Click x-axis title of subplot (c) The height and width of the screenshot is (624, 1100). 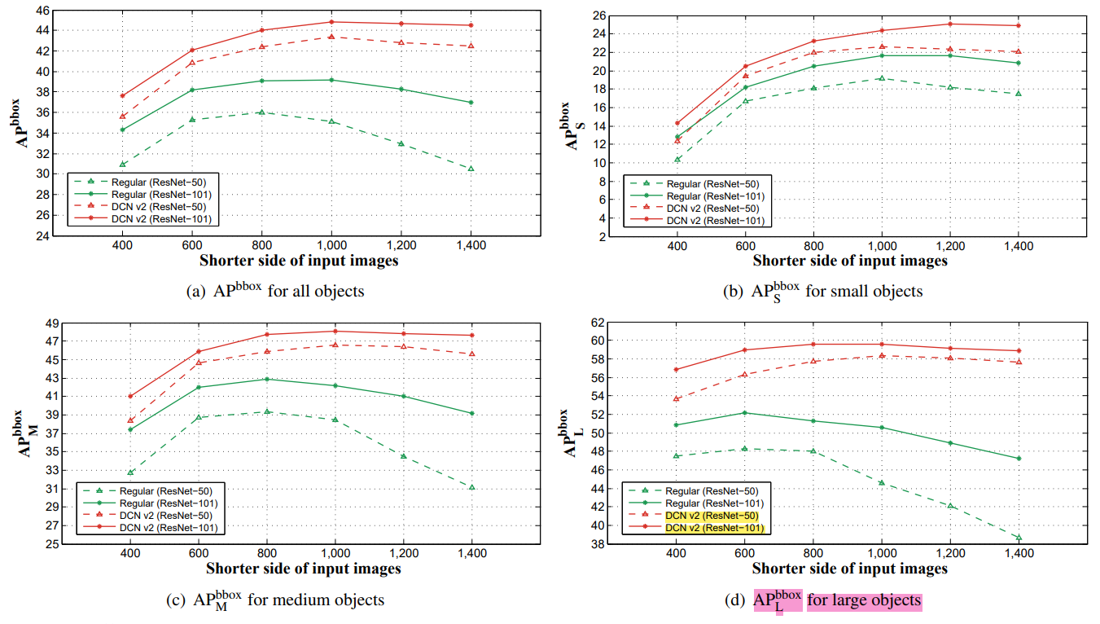pos(303,569)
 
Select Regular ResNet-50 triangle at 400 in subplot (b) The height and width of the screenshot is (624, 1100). pos(677,159)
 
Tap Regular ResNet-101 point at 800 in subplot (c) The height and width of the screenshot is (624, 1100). pos(266,379)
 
